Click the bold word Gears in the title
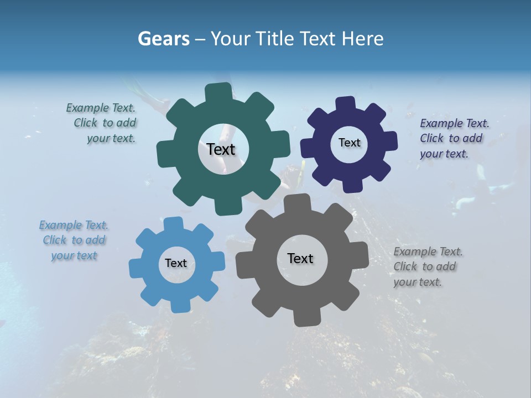(163, 39)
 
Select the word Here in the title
(362, 39)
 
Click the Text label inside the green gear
(221, 149)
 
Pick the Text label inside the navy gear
(349, 143)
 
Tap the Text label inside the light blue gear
(176, 263)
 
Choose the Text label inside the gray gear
(300, 258)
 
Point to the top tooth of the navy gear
(345, 104)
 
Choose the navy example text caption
(454, 138)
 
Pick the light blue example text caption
(74, 240)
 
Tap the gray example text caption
(427, 266)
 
